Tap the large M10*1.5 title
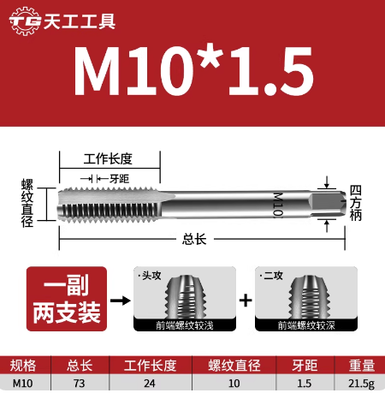point(192,72)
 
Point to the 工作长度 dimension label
point(109,158)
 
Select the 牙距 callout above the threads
point(119,178)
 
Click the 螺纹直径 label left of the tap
point(27,202)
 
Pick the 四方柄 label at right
point(357,202)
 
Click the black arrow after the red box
point(121,301)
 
